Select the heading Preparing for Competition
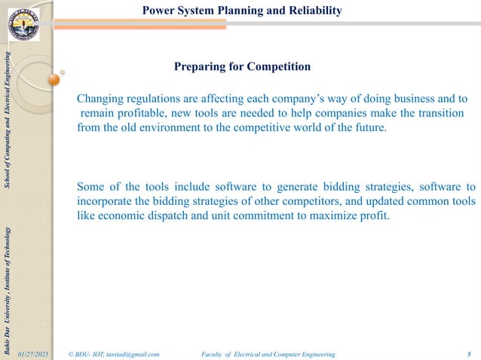point(242,67)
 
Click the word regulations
point(155,99)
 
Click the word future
point(368,127)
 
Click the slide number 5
point(469,353)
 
